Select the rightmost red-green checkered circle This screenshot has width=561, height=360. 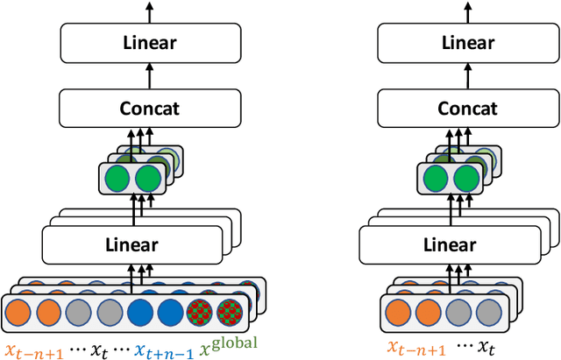232,313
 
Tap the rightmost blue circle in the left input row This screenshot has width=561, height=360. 169,313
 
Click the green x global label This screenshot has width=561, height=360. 231,347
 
